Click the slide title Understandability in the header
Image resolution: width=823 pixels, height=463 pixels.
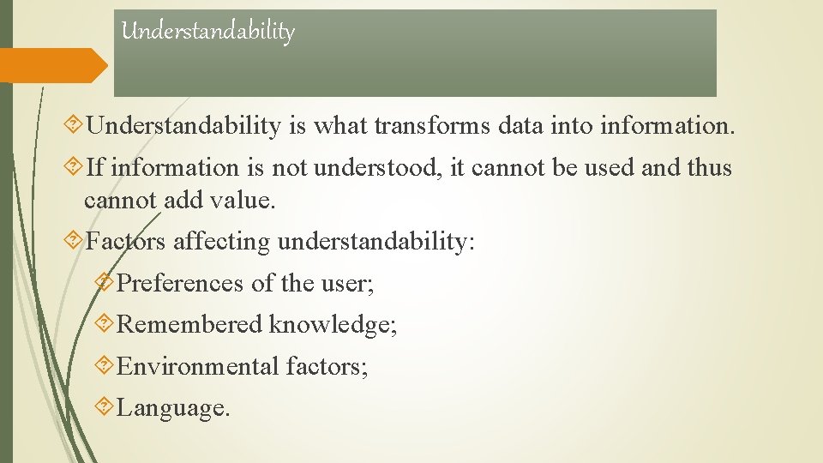(x=207, y=32)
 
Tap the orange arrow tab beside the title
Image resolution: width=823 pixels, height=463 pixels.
(x=53, y=65)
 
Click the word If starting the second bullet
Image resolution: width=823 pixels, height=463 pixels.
(x=95, y=167)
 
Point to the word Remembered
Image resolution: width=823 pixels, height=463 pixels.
(x=189, y=324)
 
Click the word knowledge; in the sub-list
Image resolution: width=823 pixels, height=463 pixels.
(x=333, y=324)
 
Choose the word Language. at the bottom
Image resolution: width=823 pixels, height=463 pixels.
(x=173, y=407)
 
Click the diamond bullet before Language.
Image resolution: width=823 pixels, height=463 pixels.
(x=105, y=406)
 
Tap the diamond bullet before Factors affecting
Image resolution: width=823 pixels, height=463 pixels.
(x=75, y=241)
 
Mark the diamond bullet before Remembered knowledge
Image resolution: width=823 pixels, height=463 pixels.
(x=105, y=323)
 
